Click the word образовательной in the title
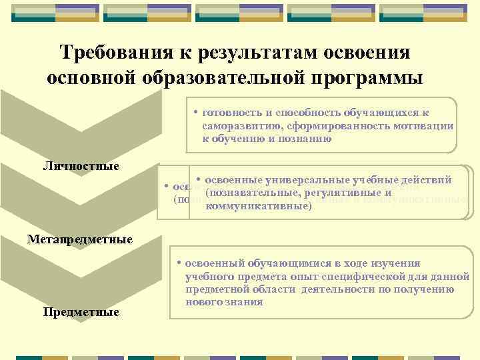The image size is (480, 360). click(x=233, y=78)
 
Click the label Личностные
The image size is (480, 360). click(x=81, y=165)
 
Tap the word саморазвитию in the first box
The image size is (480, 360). click(x=239, y=126)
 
